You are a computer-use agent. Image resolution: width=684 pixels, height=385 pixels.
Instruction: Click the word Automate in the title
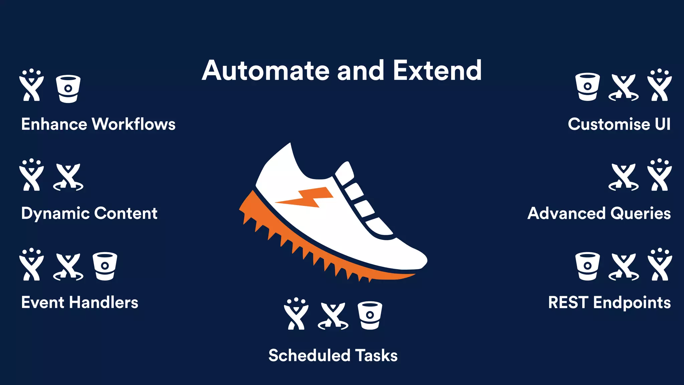point(266,71)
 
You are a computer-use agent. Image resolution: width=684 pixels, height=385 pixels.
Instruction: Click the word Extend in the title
point(437,71)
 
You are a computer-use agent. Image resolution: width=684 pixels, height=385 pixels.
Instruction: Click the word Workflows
point(133,124)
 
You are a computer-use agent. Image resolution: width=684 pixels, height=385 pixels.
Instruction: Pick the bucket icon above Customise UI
point(587,87)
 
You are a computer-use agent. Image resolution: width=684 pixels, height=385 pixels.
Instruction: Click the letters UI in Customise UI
point(662,124)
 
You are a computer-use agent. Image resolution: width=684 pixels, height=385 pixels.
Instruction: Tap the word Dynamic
point(55,214)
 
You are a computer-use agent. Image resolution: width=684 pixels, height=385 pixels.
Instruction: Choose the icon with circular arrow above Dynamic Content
point(68,177)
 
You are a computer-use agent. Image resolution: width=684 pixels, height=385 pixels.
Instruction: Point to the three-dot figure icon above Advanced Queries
point(659,175)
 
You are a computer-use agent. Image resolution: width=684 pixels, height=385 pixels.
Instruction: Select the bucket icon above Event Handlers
point(105,266)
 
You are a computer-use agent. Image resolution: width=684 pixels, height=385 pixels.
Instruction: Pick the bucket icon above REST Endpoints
point(587,266)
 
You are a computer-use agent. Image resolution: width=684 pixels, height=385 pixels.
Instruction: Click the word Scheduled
point(309,355)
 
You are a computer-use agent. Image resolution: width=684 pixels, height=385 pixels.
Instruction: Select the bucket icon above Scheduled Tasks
point(370,315)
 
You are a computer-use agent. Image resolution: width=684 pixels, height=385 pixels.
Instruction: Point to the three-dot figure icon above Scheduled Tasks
point(296,314)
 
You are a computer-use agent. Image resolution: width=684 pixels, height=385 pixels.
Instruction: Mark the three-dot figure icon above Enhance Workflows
point(31,85)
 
